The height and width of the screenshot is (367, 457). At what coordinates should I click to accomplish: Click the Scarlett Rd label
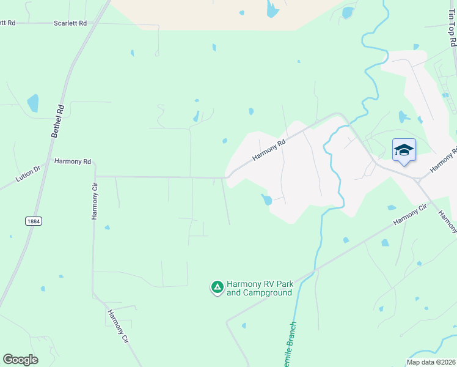70,23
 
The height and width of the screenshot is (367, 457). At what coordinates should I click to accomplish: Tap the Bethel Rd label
57,119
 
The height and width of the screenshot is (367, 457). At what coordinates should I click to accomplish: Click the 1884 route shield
34,221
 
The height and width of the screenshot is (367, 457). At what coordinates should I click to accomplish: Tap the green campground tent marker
217,287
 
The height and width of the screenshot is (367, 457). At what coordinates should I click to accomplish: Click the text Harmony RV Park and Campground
260,288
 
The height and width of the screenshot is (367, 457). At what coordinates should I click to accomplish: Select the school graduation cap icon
404,150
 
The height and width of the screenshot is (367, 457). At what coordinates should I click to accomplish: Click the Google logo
20,360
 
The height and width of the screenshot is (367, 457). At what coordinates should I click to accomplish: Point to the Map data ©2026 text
430,362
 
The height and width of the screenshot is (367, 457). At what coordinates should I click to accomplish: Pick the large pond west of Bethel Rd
32,103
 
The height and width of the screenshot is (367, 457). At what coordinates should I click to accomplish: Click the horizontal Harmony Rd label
73,161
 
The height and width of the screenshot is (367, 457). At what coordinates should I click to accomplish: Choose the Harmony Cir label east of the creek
409,214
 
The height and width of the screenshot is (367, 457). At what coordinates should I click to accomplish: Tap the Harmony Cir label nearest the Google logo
118,326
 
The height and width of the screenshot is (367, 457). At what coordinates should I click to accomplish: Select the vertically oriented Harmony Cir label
95,201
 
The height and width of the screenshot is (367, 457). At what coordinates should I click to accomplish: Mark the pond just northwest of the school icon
403,117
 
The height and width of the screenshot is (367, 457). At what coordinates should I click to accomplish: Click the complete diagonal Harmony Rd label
269,150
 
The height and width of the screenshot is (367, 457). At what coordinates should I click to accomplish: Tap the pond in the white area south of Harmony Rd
266,199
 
